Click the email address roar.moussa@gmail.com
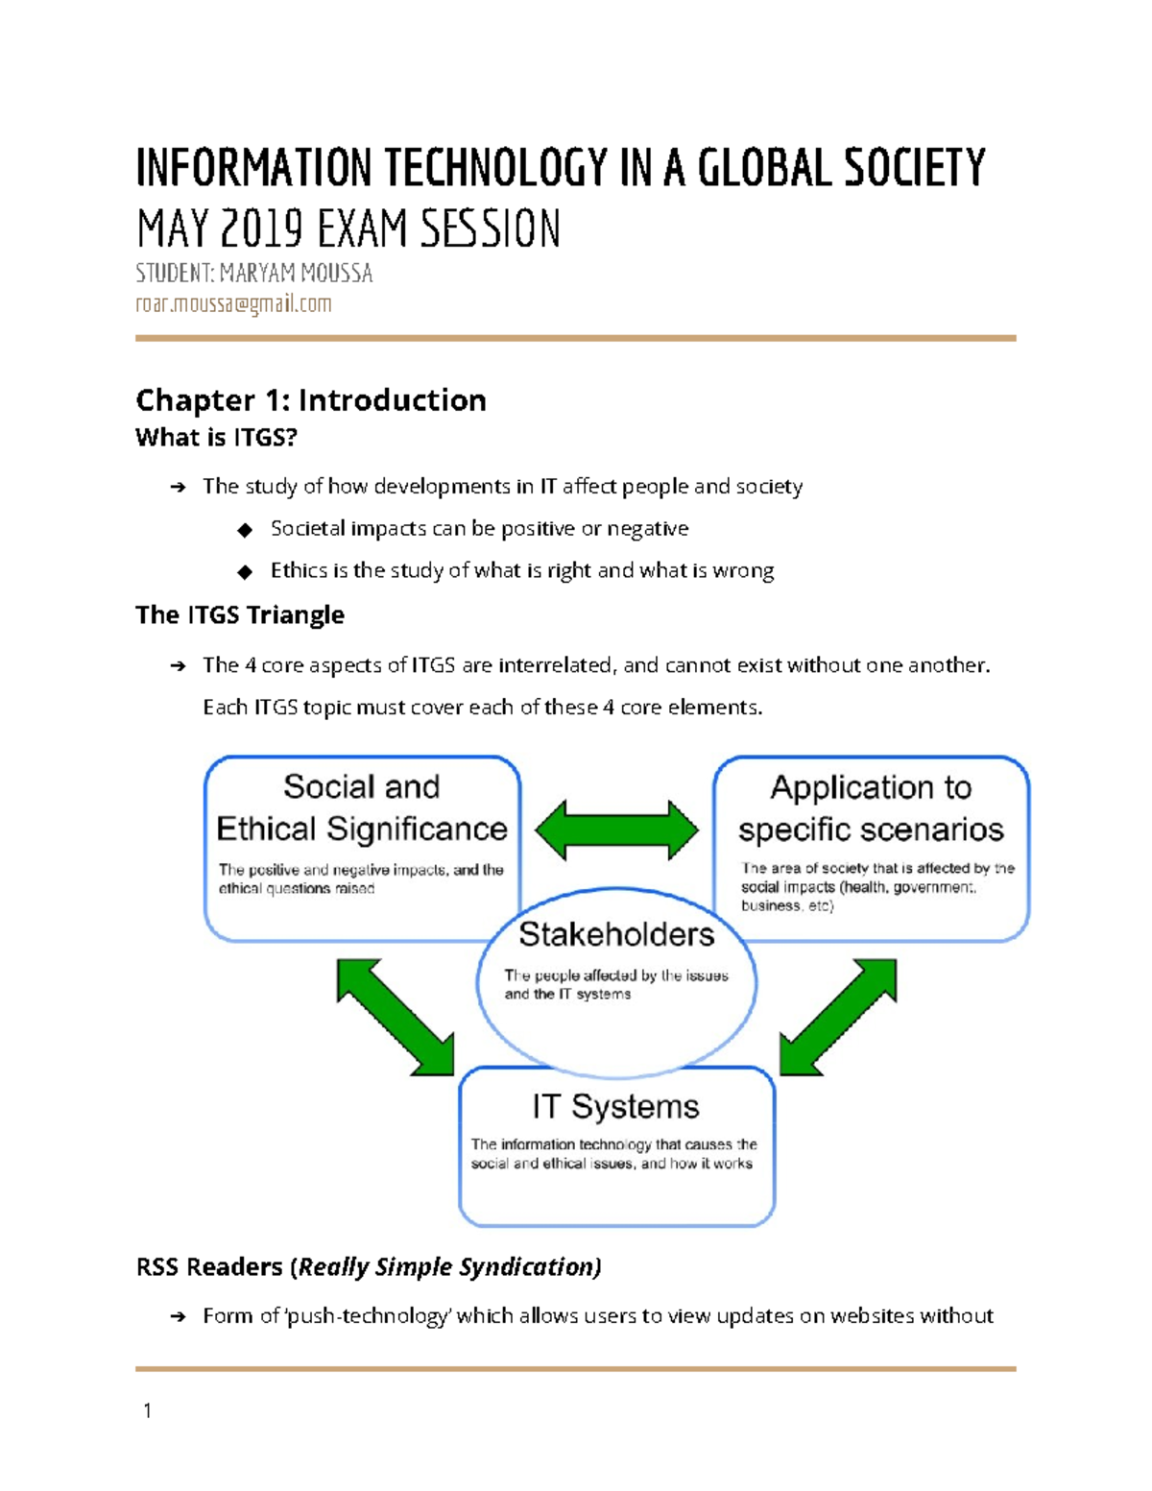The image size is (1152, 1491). [x=233, y=304]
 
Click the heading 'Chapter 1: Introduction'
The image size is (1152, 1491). [x=310, y=399]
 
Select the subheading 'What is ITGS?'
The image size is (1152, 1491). [x=216, y=438]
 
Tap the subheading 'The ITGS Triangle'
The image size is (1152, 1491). [x=240, y=614]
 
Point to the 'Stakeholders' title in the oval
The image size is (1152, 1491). [x=616, y=934]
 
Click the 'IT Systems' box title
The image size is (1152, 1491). [x=615, y=1106]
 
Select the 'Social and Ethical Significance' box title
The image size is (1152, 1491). [x=362, y=808]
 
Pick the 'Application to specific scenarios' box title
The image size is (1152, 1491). [x=871, y=808]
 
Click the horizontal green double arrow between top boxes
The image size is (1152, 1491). [x=616, y=830]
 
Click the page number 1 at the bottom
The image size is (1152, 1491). [x=147, y=1410]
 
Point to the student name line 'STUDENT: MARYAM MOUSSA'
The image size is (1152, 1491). [x=253, y=274]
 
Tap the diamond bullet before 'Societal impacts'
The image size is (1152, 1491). [x=245, y=530]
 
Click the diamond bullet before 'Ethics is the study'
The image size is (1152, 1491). [x=245, y=572]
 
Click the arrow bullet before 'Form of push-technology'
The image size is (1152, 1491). [x=178, y=1316]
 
